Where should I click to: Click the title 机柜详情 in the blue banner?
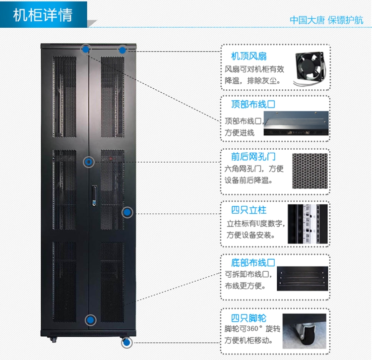pyautogui.click(x=43, y=15)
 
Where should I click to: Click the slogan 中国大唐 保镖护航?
pyautogui.click(x=326, y=20)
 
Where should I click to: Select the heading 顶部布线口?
pyautogui.click(x=253, y=105)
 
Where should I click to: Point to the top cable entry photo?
pyautogui.click(x=296, y=123)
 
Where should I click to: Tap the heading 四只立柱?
pyautogui.click(x=248, y=210)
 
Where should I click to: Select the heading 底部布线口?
pyautogui.click(x=253, y=262)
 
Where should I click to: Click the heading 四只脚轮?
pyautogui.click(x=248, y=318)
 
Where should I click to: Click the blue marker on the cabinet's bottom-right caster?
pyautogui.click(x=126, y=343)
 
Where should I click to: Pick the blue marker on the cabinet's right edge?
pyautogui.click(x=127, y=212)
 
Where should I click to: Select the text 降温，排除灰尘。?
pyautogui.click(x=252, y=80)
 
